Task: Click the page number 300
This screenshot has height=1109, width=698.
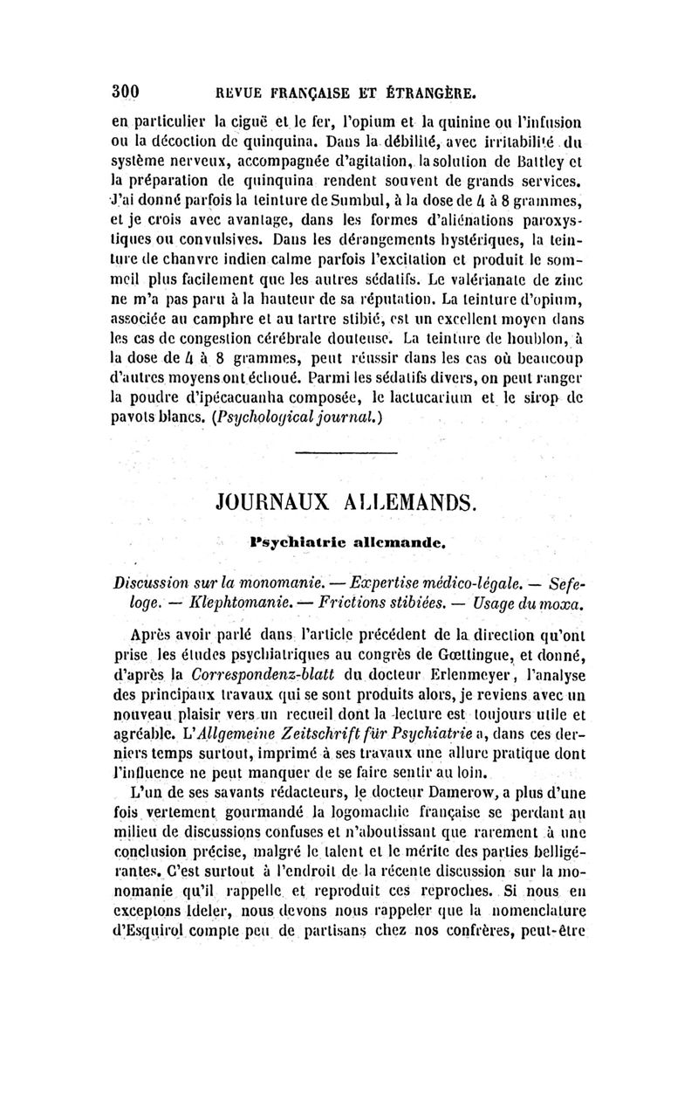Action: [127, 90]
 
